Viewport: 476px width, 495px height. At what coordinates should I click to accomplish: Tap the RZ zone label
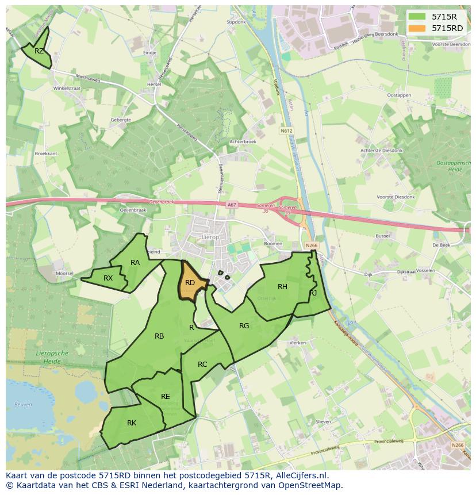[x=39, y=51]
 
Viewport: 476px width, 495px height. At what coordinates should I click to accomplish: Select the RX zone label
[x=108, y=278]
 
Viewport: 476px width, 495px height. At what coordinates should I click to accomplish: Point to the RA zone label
[x=135, y=263]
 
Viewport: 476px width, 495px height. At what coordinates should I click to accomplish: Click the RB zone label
[x=159, y=336]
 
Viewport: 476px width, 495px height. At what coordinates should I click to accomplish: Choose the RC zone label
[x=202, y=364]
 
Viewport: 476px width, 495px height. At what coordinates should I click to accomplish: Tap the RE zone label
[x=166, y=397]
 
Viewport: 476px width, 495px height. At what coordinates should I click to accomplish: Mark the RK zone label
[x=132, y=423]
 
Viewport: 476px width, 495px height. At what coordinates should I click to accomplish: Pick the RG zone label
[x=244, y=326]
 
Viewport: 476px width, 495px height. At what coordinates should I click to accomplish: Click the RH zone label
[x=282, y=287]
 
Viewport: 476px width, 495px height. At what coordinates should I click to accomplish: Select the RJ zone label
[x=313, y=293]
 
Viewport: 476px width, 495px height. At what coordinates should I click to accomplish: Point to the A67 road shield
[x=231, y=205]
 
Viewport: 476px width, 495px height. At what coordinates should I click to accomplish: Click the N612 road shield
[x=286, y=131]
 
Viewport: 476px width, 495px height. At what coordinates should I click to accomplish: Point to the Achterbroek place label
[x=243, y=141]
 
